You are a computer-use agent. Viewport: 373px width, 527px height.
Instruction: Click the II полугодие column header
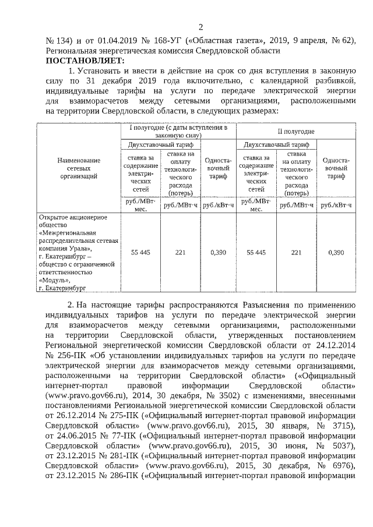click(295, 132)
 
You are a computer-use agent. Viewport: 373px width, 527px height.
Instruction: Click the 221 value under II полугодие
click(296, 252)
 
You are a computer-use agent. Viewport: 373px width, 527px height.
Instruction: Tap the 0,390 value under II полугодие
click(336, 252)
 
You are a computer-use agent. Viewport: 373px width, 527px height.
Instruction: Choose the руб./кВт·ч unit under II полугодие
click(336, 205)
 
